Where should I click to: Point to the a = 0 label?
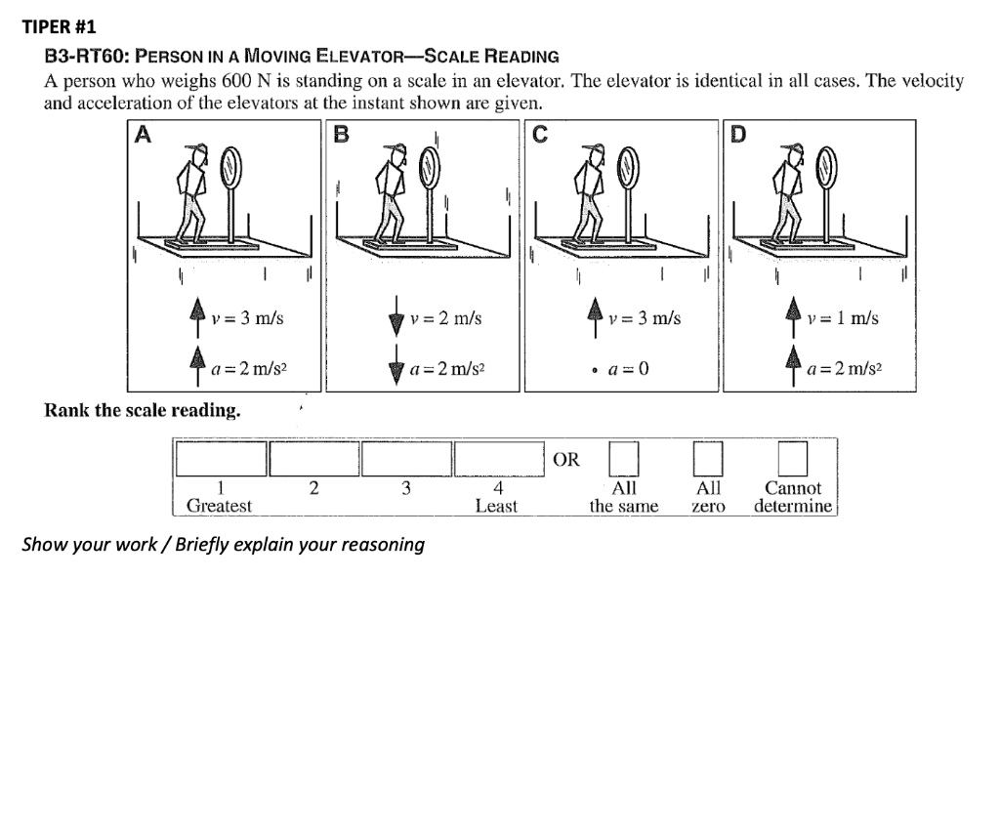click(x=627, y=370)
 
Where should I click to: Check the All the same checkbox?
click(x=623, y=458)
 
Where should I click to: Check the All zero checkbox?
click(x=707, y=458)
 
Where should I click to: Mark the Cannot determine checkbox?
click(x=792, y=458)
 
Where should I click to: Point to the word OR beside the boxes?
click(x=566, y=459)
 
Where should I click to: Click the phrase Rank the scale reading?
click(x=143, y=410)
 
